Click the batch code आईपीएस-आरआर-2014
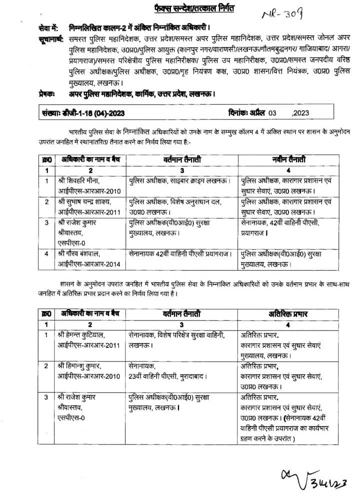tap(90, 263)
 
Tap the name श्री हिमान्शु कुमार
tap(82, 365)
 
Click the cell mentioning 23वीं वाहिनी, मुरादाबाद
tap(167, 374)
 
